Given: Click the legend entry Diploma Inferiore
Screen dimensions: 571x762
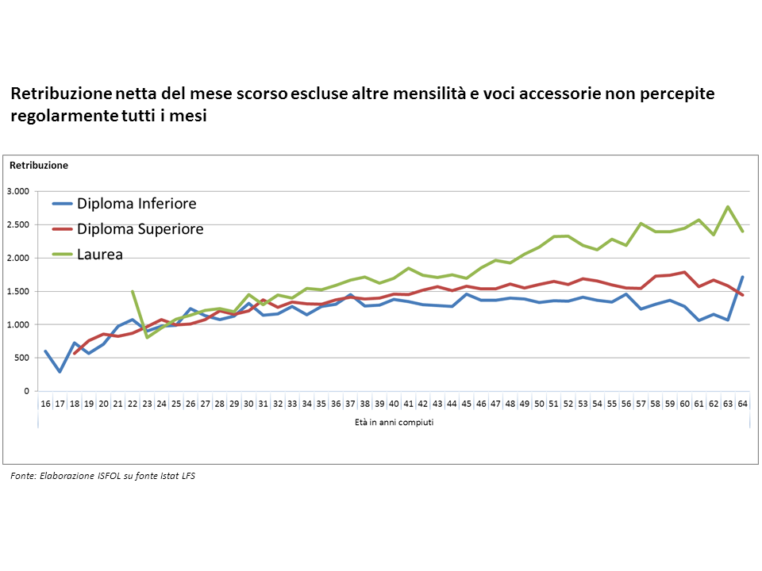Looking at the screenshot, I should [x=137, y=204].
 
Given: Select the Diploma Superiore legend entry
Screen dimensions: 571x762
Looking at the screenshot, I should [x=140, y=229].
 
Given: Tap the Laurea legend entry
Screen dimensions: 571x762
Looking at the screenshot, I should [x=100, y=255].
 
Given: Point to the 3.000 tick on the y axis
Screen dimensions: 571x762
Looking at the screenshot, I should [x=17, y=191].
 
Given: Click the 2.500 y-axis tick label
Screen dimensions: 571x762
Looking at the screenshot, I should [x=17, y=224].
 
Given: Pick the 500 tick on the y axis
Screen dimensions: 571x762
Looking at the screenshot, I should [x=21, y=358].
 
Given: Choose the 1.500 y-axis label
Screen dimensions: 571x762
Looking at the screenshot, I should [x=17, y=291].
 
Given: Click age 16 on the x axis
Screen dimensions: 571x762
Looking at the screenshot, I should [x=45, y=403].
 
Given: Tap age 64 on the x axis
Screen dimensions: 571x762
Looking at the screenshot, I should [x=743, y=403].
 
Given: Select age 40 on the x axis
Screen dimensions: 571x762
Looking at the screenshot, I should [x=394, y=403].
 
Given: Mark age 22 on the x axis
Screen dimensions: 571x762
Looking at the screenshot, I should [x=133, y=403].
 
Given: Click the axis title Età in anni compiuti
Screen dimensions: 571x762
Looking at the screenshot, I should [x=394, y=423].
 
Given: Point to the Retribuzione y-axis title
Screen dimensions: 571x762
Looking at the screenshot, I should [x=39, y=166].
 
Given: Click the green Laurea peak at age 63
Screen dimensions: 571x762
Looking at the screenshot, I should [x=728, y=207].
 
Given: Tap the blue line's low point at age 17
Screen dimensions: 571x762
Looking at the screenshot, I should [x=60, y=371].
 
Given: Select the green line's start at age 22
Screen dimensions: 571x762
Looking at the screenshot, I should [x=133, y=291].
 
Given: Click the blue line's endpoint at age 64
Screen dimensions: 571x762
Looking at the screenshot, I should [x=743, y=277].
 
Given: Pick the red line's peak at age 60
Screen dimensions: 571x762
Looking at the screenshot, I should [x=684, y=272].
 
